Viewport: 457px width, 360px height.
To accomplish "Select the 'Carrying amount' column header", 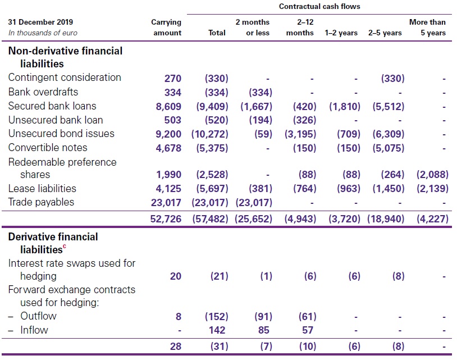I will pyautogui.click(x=166, y=28).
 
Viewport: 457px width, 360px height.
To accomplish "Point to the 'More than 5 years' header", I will pyautogui.click(x=428, y=28).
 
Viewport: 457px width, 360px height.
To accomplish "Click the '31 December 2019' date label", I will pyautogui.click(x=40, y=22).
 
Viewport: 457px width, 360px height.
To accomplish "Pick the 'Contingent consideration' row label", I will pyautogui.click(x=65, y=78).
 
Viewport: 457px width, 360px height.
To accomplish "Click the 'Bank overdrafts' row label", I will pyautogui.click(x=43, y=92).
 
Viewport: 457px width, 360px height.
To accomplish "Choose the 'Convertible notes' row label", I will pyautogui.click(x=48, y=148).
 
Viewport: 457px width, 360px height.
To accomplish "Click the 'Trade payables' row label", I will pyautogui.click(x=41, y=202).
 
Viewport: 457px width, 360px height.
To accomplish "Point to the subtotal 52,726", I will pyautogui.click(x=166, y=219).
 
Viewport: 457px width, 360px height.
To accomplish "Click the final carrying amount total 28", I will pyautogui.click(x=175, y=347).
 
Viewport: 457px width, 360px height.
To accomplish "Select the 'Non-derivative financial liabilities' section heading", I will pyautogui.click(x=65, y=57).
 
